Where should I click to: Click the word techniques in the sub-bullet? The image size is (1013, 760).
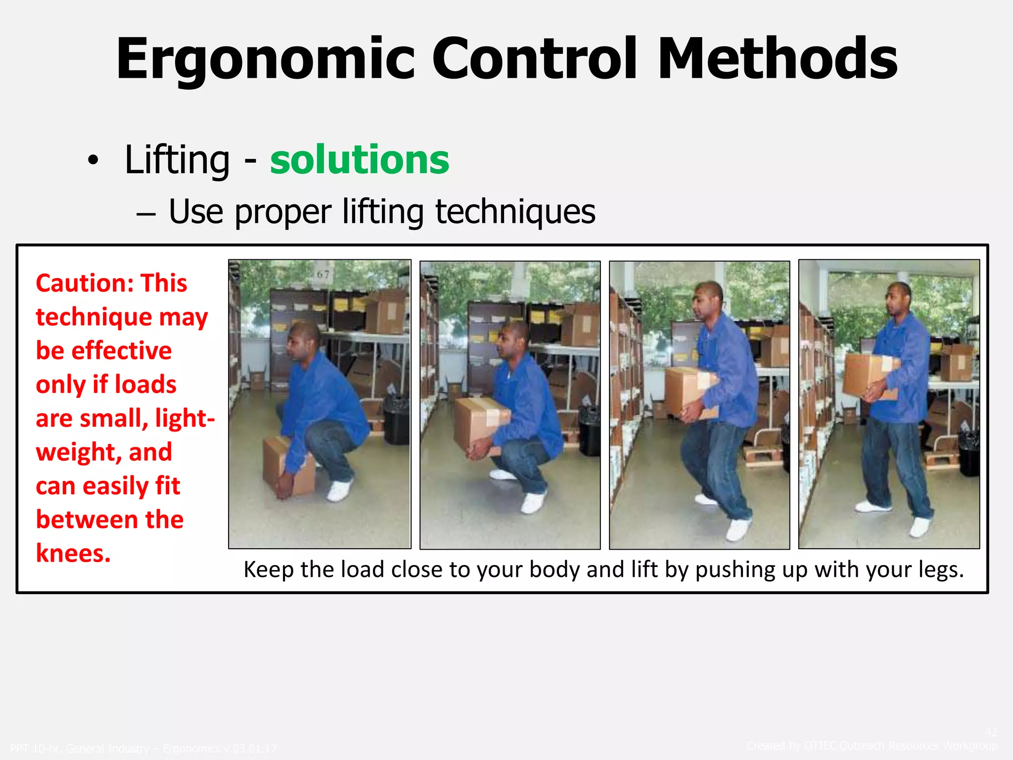pyautogui.click(x=515, y=212)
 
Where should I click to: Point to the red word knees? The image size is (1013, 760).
pyautogui.click(x=73, y=553)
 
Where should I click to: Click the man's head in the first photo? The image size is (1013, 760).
pyautogui.click(x=303, y=341)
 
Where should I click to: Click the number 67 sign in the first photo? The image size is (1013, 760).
pyautogui.click(x=323, y=274)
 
